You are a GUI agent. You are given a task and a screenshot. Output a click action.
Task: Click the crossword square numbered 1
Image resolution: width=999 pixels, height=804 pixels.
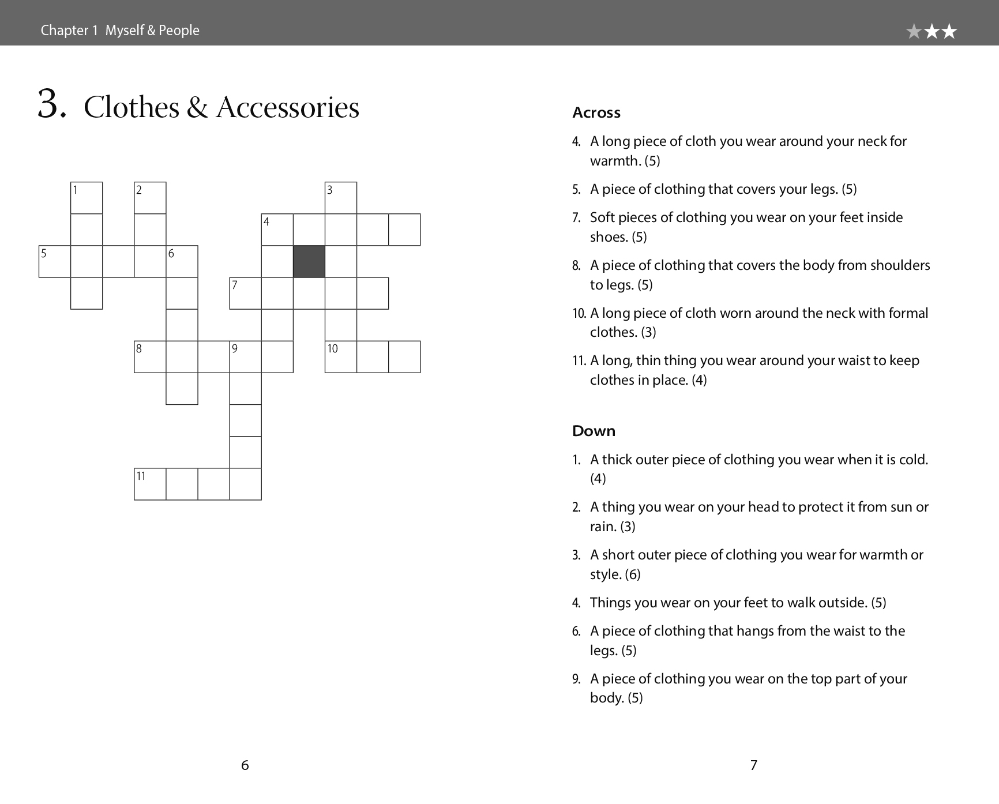[x=87, y=198]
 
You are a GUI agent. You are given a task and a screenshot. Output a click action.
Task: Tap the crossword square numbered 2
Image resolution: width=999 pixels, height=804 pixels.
[x=150, y=198]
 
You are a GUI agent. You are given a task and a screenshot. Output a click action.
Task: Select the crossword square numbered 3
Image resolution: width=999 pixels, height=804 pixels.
[x=341, y=198]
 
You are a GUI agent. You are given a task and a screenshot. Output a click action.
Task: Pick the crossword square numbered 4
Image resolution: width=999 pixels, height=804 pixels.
[x=277, y=230]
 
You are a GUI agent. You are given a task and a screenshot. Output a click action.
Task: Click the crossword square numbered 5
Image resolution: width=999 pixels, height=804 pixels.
[x=55, y=261]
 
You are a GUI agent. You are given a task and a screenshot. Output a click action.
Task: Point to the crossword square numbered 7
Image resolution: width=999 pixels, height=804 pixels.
[x=246, y=293]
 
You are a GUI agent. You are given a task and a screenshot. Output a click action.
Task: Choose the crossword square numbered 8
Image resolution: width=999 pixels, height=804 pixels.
[x=150, y=356]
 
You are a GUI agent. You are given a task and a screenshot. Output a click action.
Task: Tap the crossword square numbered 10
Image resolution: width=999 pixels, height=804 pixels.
[x=341, y=356]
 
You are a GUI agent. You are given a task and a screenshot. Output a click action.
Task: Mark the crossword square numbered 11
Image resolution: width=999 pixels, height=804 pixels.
[x=150, y=484]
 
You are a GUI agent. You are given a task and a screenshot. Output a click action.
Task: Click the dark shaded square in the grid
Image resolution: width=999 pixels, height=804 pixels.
[x=309, y=261]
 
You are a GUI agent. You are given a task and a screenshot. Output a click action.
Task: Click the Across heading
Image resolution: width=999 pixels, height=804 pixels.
[x=596, y=112]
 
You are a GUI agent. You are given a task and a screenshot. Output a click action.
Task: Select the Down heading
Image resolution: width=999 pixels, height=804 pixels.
[x=594, y=431]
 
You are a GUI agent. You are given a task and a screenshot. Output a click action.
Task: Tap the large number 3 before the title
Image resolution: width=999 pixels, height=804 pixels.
[x=51, y=105]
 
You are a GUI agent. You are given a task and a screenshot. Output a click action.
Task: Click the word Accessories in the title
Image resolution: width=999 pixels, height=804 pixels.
[x=287, y=107]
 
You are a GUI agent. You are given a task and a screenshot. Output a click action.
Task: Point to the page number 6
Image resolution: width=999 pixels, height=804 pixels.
[x=245, y=765]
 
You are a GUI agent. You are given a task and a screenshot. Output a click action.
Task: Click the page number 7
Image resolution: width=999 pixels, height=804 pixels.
[x=753, y=765]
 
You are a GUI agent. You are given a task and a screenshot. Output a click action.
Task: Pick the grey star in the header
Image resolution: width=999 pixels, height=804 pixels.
[x=914, y=31]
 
